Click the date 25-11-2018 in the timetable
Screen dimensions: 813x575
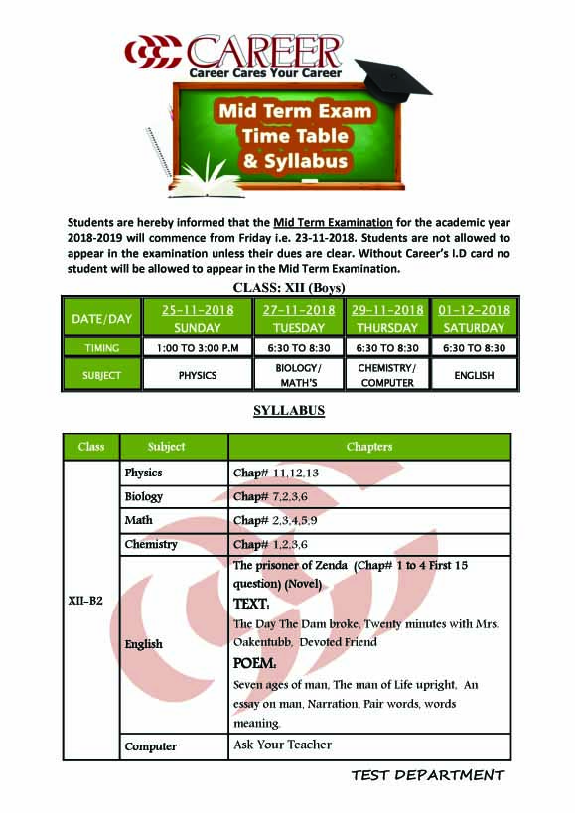tap(198, 310)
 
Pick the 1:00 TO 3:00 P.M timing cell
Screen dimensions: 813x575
tap(198, 348)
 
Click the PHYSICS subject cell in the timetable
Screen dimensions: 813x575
tap(198, 375)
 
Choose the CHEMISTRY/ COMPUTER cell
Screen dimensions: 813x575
tap(387, 375)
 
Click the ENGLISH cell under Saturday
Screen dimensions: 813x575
tap(474, 375)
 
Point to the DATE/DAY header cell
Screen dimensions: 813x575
tap(101, 319)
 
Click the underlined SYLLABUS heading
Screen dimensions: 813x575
tap(288, 411)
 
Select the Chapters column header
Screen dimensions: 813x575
tap(368, 447)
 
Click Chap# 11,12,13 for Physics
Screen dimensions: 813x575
tap(276, 473)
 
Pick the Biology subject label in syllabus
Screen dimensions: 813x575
tap(144, 496)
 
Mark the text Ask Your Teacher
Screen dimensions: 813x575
tap(282, 745)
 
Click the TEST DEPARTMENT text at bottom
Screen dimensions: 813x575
tap(427, 775)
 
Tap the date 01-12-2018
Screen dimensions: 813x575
tap(474, 310)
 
